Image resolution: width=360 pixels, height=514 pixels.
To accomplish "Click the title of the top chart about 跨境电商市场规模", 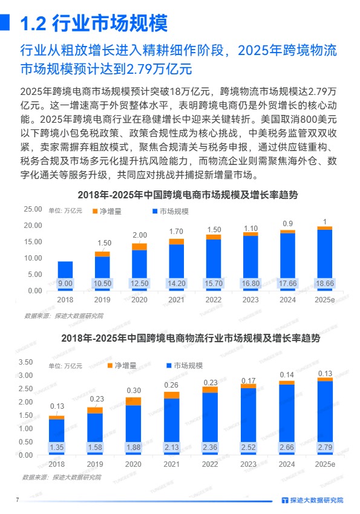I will (188, 195).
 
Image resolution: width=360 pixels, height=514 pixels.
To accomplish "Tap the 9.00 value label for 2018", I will (65, 283).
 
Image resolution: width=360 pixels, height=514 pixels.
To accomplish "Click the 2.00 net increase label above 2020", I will (140, 235).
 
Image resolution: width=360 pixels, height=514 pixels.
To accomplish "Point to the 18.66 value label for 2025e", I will (325, 283).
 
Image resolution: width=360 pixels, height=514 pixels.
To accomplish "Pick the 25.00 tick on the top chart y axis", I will (33, 209).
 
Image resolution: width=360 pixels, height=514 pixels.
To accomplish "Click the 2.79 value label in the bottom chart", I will (325, 447).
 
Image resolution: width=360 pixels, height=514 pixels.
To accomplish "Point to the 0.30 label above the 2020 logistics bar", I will (133, 390).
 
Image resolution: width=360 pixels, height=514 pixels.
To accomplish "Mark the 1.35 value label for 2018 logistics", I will (57, 447).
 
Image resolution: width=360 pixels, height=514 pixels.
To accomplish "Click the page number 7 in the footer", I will (18, 499).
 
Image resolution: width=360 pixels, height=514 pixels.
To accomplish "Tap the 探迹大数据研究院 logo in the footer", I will (312, 500).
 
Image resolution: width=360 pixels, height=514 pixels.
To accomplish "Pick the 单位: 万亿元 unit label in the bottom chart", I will (65, 366).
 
